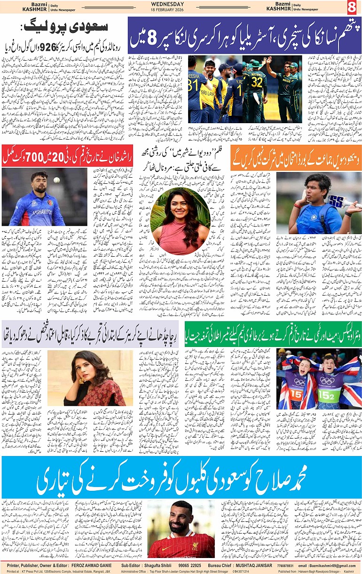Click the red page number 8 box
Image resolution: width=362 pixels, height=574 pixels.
(352, 8)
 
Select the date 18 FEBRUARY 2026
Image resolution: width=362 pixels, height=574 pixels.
(181, 9)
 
